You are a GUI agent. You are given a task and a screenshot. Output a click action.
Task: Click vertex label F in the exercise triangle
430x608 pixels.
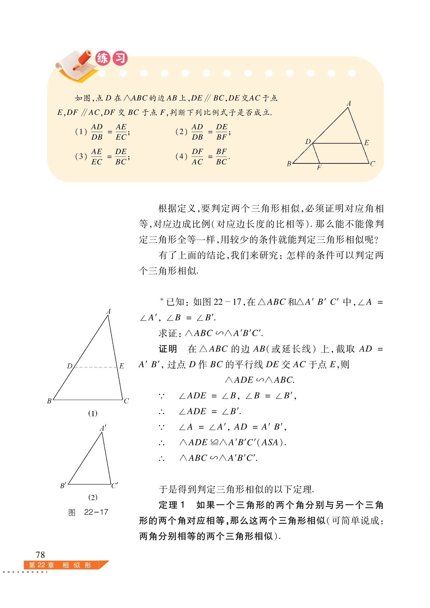(x=319, y=168)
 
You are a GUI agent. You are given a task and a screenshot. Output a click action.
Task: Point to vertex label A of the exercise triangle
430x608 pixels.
(x=349, y=104)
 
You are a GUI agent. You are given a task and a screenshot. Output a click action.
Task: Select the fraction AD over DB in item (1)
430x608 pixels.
(x=97, y=132)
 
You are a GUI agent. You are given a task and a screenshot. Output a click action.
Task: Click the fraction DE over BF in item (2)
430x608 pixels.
(x=222, y=132)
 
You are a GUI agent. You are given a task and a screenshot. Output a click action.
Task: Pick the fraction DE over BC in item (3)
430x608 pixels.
(x=121, y=157)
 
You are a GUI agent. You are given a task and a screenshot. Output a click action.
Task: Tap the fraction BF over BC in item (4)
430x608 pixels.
(x=221, y=157)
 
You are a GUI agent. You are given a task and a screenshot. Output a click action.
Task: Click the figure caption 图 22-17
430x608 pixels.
(x=88, y=512)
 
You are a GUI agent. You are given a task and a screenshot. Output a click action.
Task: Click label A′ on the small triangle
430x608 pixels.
(x=103, y=428)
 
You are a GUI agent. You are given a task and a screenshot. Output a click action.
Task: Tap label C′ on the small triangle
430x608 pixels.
(x=115, y=485)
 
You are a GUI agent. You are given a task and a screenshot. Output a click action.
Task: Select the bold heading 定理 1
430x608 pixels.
(x=172, y=505)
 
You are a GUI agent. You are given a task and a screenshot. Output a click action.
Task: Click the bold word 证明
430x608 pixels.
(x=168, y=349)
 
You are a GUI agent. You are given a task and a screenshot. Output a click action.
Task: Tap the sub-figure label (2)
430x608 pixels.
(x=93, y=497)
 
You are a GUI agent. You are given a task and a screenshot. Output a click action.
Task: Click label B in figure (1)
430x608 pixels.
(x=49, y=401)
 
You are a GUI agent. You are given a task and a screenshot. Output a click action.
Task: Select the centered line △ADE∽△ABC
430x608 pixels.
(x=259, y=380)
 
